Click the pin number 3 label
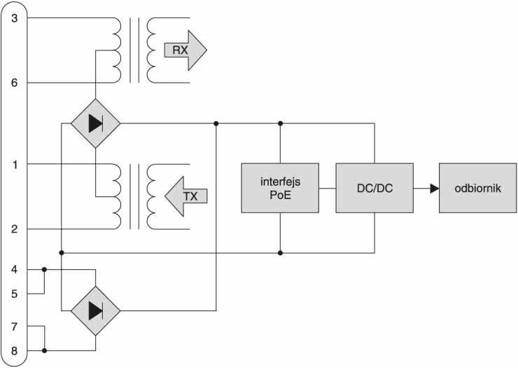tap(15, 18)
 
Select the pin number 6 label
tap(15, 83)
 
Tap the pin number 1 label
tap(15, 165)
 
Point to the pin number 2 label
tap(15, 229)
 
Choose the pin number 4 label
tap(15, 268)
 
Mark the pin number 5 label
tap(15, 294)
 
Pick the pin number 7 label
tap(15, 326)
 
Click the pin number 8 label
tap(15, 350)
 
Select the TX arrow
tap(185, 196)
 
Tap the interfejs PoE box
tap(280, 188)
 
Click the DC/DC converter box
tap(374, 188)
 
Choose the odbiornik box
tap(477, 188)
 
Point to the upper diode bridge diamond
tap(95, 123)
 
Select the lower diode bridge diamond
tap(95, 309)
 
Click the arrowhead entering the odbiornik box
tap(434, 188)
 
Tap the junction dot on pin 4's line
tap(44, 268)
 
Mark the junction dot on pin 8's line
tap(44, 350)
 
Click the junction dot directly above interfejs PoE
tap(280, 123)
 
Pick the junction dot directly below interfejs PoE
tap(280, 252)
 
